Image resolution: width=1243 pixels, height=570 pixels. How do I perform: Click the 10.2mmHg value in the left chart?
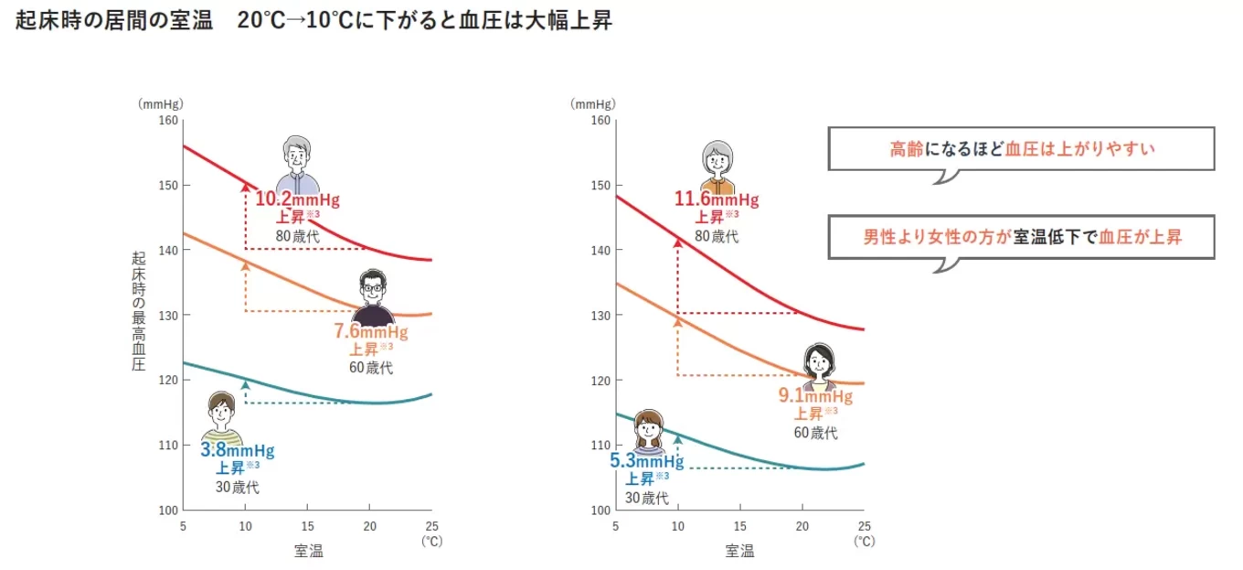pyautogui.click(x=296, y=199)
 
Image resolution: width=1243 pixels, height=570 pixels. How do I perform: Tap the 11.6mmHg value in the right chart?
pyautogui.click(x=717, y=199)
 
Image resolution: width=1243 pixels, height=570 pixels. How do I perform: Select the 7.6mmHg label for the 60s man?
pyautogui.click(x=371, y=331)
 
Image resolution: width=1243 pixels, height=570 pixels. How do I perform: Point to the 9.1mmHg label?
pyautogui.click(x=815, y=396)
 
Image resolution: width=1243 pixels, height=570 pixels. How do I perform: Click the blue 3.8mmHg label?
pyautogui.click(x=237, y=450)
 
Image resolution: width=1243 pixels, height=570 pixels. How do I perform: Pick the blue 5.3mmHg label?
pyautogui.click(x=646, y=460)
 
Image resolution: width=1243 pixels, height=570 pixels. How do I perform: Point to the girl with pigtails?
pyautogui.click(x=648, y=429)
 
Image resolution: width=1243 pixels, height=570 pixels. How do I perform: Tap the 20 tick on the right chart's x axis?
pyautogui.click(x=802, y=526)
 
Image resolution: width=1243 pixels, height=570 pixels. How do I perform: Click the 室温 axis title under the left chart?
pyautogui.click(x=308, y=551)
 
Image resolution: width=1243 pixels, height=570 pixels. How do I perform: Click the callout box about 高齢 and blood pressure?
pyautogui.click(x=1021, y=148)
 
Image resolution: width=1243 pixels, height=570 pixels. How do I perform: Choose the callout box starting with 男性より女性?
pyautogui.click(x=1021, y=237)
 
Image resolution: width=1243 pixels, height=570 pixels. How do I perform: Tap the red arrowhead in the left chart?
pyautogui.click(x=245, y=187)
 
